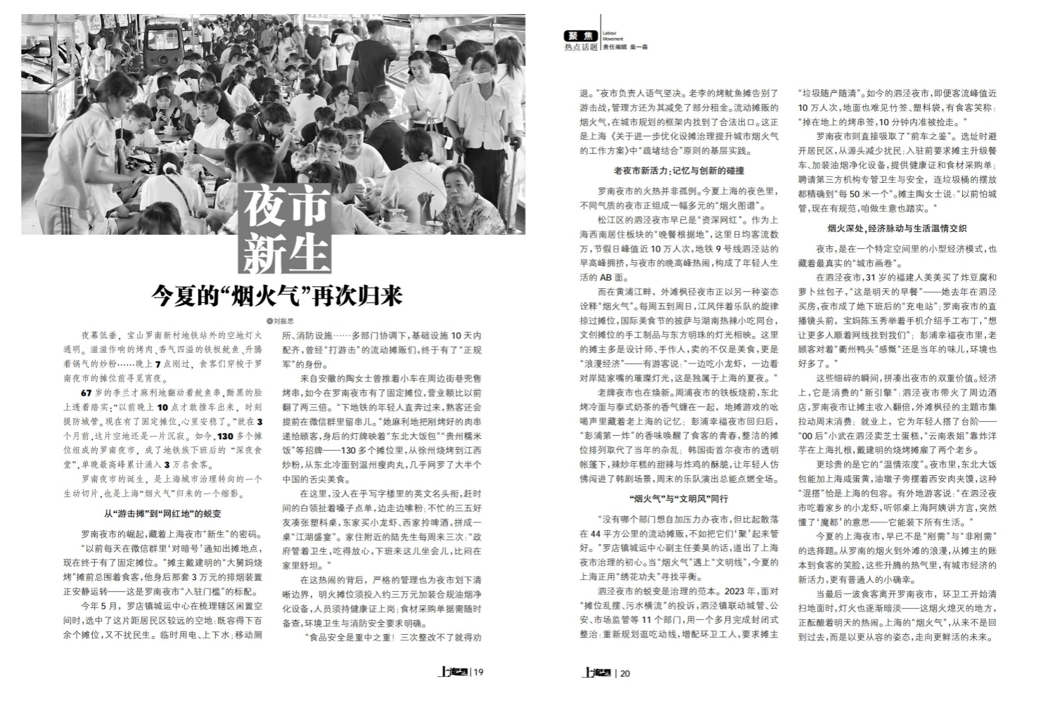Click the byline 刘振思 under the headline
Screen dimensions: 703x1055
point(281,320)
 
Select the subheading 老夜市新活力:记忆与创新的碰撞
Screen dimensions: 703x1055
point(679,171)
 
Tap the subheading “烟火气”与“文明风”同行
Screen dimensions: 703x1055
point(679,498)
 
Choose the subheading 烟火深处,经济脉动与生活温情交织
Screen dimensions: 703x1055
point(897,228)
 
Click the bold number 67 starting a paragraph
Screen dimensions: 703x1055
point(87,392)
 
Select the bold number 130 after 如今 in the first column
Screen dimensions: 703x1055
point(226,436)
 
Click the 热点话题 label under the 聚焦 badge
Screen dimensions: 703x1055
point(581,46)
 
